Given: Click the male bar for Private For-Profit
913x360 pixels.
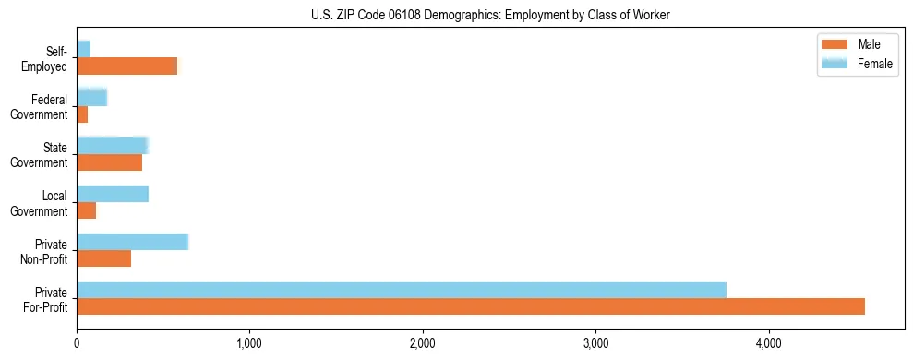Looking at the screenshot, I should tap(471, 306).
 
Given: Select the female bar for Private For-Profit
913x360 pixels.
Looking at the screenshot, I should tap(402, 289).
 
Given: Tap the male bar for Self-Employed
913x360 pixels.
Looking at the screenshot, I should tap(126, 66).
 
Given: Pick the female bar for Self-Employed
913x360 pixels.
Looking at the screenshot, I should tap(83, 49).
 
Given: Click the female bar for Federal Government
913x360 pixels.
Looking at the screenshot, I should tap(91, 97).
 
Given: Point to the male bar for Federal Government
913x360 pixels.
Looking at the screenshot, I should tap(82, 114).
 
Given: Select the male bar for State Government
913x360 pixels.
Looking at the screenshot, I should tap(109, 162).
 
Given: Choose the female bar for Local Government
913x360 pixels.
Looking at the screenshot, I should tap(113, 193).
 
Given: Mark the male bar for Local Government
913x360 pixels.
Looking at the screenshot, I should tap(86, 210).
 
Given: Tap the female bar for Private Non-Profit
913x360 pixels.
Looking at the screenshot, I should tap(132, 241).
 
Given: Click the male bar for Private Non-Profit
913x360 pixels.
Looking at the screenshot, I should tap(103, 258).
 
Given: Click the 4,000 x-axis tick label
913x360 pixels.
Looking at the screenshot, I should tap(769, 343).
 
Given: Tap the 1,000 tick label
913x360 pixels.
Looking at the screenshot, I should tap(249, 343).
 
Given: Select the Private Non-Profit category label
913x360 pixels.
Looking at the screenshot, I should tap(45, 251).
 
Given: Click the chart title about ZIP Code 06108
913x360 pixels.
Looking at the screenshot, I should tap(491, 15).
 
